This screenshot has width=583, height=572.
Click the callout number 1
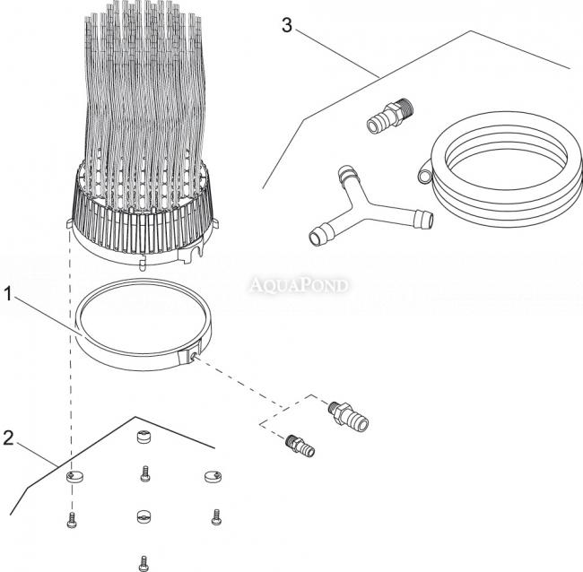tap(8, 293)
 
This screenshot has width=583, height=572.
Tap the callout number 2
tap(8, 440)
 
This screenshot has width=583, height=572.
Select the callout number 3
tap(287, 25)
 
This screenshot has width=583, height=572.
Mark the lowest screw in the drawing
tap(143, 562)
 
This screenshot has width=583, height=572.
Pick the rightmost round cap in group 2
tap(212, 476)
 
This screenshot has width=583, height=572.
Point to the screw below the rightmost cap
tap(215, 516)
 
